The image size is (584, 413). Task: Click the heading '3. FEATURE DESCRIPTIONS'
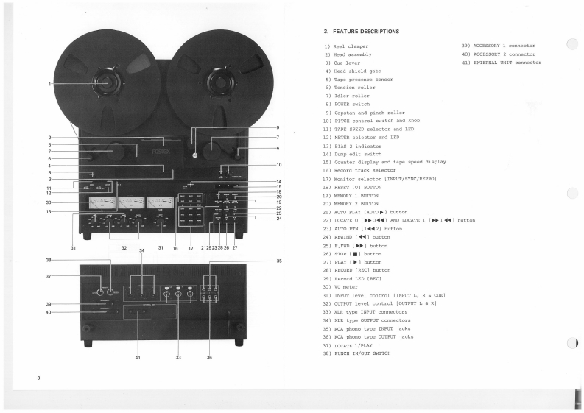tap(361, 32)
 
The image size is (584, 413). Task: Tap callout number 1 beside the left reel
tap(51, 84)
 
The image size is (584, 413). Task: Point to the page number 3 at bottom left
tap(38, 378)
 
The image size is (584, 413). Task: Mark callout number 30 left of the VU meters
tap(49, 202)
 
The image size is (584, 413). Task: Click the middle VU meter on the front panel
tap(130, 204)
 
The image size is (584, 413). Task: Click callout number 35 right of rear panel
tap(279, 261)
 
